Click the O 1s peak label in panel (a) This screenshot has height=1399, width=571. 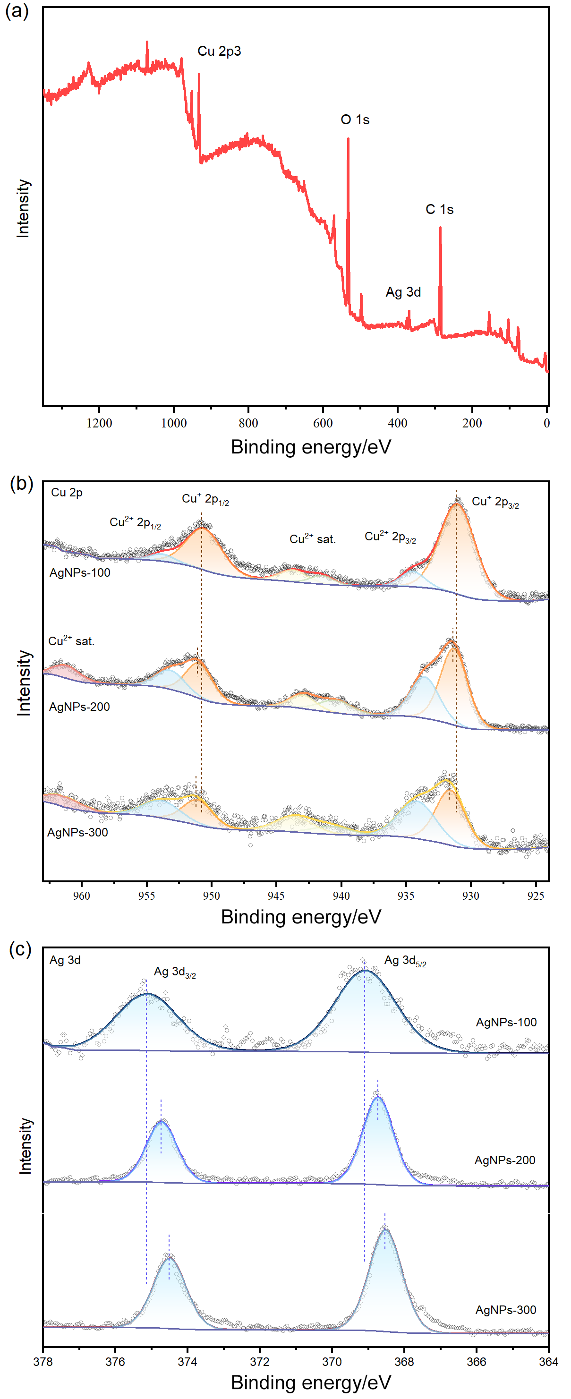[x=355, y=119]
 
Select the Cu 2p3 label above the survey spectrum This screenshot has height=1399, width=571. [x=219, y=51]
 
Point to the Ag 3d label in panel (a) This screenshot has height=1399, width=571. [x=403, y=292]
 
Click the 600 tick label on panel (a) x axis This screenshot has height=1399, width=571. [x=323, y=423]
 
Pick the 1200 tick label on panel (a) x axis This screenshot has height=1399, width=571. [x=100, y=423]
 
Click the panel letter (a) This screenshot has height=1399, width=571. [x=17, y=10]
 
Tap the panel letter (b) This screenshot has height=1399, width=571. [x=22, y=483]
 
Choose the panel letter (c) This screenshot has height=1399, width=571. [x=21, y=949]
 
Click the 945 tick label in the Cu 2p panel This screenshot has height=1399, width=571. [x=276, y=896]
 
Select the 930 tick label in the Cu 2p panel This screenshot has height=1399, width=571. [x=470, y=896]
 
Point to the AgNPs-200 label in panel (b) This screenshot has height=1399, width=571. [x=79, y=707]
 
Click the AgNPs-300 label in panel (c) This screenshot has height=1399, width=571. [x=505, y=1310]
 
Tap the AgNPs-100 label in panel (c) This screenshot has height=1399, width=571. [x=506, y=1022]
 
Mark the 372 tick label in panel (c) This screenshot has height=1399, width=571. [x=260, y=1362]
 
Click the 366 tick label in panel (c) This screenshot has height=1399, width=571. [x=477, y=1362]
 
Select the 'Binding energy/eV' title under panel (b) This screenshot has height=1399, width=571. [x=300, y=917]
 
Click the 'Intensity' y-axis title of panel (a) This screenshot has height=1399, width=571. [x=23, y=209]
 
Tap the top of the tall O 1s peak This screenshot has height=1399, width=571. [x=348, y=139]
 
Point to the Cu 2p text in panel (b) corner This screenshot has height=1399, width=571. [x=67, y=493]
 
